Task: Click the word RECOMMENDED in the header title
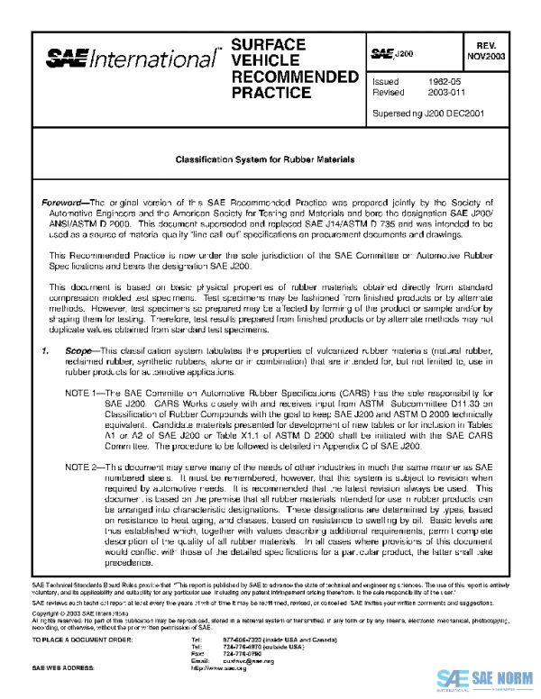pyautogui.click(x=289, y=76)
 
